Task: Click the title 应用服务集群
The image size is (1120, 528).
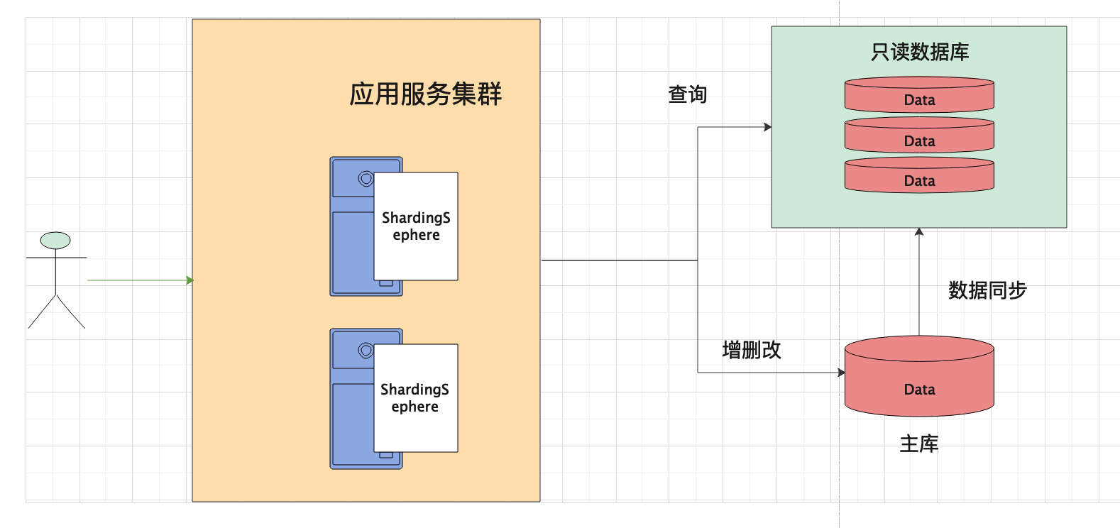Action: pyautogui.click(x=425, y=94)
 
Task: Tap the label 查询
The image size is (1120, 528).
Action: pyautogui.click(x=687, y=94)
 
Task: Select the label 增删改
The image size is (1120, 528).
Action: pyautogui.click(x=751, y=350)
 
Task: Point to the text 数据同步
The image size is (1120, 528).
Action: pyautogui.click(x=987, y=290)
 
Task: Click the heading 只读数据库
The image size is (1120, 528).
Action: pyautogui.click(x=919, y=52)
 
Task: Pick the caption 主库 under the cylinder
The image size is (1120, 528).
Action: pyautogui.click(x=919, y=444)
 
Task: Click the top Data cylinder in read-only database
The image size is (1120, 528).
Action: pyautogui.click(x=919, y=97)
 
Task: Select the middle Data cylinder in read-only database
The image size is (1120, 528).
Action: pyautogui.click(x=919, y=138)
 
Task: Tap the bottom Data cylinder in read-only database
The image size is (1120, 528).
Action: pyautogui.click(x=919, y=177)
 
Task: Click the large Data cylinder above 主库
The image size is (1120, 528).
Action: pyautogui.click(x=919, y=380)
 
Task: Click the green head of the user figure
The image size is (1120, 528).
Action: pyautogui.click(x=55, y=241)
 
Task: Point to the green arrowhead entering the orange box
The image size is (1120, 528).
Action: pyautogui.click(x=190, y=280)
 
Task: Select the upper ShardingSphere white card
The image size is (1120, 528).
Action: pyautogui.click(x=416, y=226)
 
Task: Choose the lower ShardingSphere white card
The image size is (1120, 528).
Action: pyautogui.click(x=415, y=398)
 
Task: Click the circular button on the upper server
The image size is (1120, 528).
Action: pyautogui.click(x=366, y=179)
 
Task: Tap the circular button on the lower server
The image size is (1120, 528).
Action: pyautogui.click(x=366, y=351)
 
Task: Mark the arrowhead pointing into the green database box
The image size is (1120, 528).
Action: pyautogui.click(x=767, y=127)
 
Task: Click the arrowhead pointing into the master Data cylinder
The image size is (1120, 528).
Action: pyautogui.click(x=841, y=373)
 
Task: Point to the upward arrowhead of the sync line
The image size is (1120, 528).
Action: pyautogui.click(x=919, y=232)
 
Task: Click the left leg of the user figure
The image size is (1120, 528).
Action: pyautogui.click(x=42, y=312)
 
